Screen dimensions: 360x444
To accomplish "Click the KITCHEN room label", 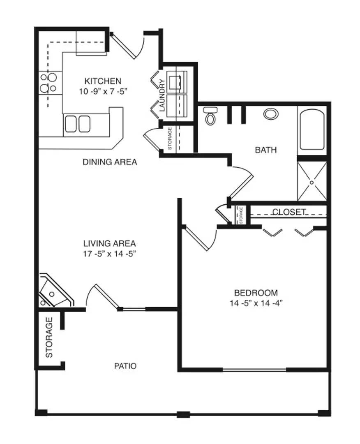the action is (x=103, y=81).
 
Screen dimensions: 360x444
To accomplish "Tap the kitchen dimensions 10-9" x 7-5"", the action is (x=103, y=91).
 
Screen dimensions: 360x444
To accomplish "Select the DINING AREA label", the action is (x=110, y=162).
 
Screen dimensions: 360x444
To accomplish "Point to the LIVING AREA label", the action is (x=110, y=243).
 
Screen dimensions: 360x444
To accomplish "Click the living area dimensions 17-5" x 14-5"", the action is (x=110, y=254).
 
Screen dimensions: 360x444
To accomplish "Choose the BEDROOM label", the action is (x=256, y=293).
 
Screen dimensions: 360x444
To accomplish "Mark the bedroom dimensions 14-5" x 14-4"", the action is (x=256, y=303).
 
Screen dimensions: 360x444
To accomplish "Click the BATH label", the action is (x=266, y=150).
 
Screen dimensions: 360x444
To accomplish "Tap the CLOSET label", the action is (x=289, y=212).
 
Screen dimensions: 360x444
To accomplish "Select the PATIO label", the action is (x=125, y=366).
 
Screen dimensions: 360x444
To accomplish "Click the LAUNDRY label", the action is (x=162, y=95).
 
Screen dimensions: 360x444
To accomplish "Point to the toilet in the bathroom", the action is (x=210, y=116).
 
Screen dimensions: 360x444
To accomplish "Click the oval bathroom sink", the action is (x=271, y=114).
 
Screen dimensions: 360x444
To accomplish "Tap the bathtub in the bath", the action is (x=312, y=129).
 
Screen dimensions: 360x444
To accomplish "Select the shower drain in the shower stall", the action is (x=312, y=183).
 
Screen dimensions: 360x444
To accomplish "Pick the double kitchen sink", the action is (x=78, y=124).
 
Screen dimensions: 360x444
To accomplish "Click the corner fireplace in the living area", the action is (x=55, y=291).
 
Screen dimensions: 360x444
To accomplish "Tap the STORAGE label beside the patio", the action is (x=49, y=337).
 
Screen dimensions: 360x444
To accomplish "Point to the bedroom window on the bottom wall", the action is (x=254, y=370).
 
